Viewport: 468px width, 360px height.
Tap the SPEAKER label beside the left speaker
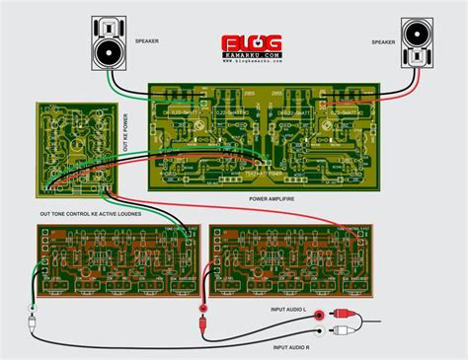coord(149,41)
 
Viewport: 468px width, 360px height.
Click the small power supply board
coord(75,148)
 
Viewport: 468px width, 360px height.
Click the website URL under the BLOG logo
coord(251,60)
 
